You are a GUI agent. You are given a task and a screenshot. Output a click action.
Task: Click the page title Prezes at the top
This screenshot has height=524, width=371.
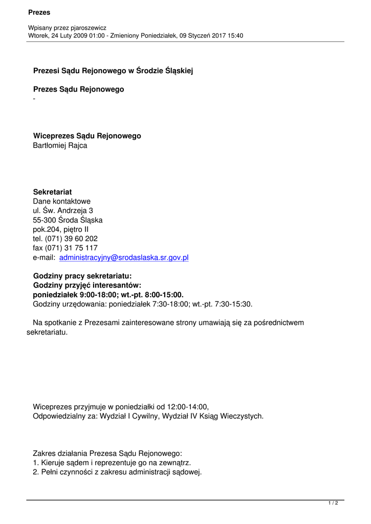(39, 12)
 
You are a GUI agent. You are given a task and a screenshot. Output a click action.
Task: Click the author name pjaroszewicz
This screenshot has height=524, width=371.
(86, 28)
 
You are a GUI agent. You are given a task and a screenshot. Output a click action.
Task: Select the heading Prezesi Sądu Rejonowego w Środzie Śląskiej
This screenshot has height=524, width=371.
(113, 71)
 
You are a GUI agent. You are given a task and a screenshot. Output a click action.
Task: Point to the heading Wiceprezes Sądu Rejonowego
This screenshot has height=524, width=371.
(87, 136)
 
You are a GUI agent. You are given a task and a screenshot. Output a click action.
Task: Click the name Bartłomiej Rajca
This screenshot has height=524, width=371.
(60, 145)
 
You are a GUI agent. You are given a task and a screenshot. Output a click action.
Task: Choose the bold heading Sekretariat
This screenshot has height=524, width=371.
(52, 192)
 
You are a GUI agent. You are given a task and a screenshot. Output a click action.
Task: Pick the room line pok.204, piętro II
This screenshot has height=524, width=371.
(60, 229)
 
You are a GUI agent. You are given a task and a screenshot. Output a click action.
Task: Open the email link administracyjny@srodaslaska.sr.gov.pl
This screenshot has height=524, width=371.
(124, 257)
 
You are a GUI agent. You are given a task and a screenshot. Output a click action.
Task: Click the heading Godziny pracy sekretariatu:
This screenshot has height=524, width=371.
(82, 276)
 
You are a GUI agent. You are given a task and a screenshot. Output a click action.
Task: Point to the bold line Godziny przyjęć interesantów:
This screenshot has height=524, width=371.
(87, 286)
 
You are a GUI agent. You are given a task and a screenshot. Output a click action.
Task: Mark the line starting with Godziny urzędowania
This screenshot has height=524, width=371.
(142, 304)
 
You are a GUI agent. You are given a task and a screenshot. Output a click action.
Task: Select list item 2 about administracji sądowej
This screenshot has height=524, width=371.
(117, 472)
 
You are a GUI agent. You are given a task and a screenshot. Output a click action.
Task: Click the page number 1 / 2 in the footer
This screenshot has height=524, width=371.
(333, 504)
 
